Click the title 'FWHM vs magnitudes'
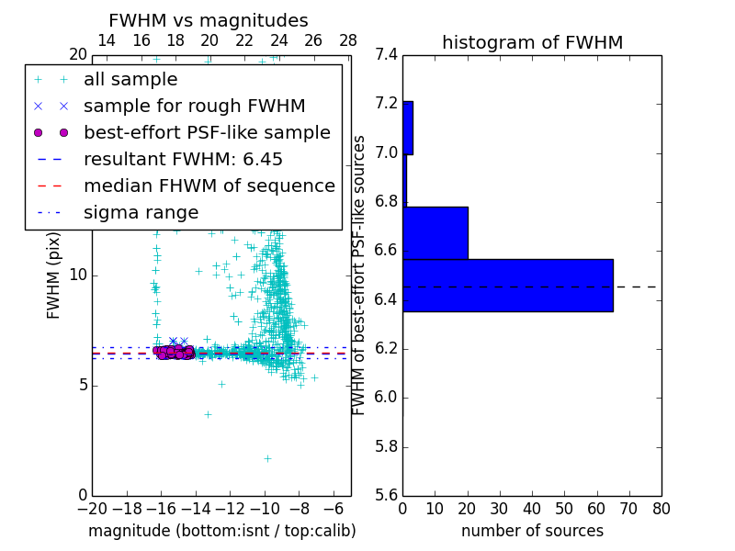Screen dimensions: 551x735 209,20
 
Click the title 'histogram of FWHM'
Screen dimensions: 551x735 532,42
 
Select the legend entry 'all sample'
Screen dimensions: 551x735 130,80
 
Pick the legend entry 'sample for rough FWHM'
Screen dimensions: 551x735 194,106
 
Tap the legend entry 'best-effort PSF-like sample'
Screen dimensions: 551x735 207,132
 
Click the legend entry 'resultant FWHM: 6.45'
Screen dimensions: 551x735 183,159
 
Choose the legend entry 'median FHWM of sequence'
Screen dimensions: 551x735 209,186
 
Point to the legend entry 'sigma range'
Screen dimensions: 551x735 141,212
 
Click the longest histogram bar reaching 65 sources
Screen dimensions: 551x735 507,286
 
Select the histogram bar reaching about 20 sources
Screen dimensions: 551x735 435,232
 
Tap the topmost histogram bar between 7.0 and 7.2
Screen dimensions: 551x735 408,128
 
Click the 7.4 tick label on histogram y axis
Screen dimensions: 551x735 387,54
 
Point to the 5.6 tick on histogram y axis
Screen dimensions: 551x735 387,497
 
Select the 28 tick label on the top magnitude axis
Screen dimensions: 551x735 348,40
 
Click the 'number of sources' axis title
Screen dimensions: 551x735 532,531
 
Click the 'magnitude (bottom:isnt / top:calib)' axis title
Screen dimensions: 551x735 221,531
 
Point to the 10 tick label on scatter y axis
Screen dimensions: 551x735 77,275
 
